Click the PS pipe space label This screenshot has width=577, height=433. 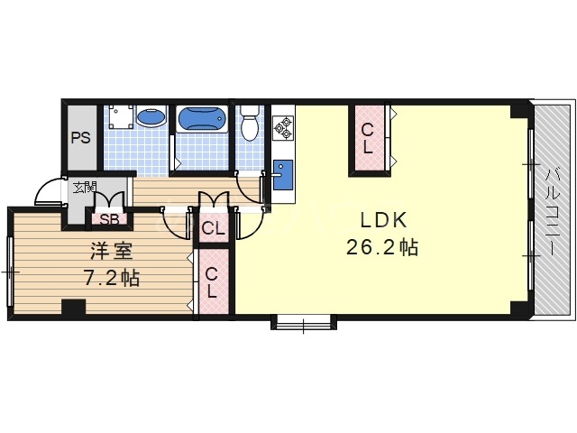click(x=80, y=138)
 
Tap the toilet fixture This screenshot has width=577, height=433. click(x=250, y=124)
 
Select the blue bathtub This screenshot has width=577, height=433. click(x=202, y=119)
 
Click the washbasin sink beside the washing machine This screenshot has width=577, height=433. click(x=151, y=116)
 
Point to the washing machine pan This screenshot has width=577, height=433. click(x=121, y=116)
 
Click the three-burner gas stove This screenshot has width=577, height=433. click(x=283, y=127)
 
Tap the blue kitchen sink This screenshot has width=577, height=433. click(x=283, y=175)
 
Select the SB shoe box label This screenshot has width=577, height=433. click(x=109, y=219)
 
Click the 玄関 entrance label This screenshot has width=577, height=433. click(x=84, y=188)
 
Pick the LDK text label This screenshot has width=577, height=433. click(x=383, y=220)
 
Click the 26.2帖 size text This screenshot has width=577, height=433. click(x=382, y=247)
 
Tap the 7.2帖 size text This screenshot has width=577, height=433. click(x=112, y=278)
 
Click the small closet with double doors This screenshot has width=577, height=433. click(x=214, y=228)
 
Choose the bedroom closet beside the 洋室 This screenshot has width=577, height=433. click(x=214, y=281)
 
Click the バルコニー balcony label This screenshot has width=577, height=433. click(x=552, y=211)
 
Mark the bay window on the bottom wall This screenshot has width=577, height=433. click(x=304, y=322)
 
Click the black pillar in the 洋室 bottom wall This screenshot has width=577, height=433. click(x=73, y=307)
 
